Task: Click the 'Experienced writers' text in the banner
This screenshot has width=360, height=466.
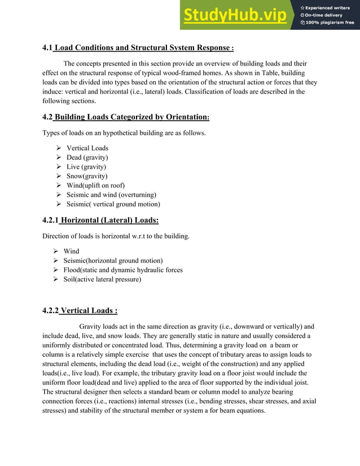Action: [330, 7]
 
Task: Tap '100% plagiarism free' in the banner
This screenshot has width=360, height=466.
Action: [330, 23]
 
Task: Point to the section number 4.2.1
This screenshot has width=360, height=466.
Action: [51, 220]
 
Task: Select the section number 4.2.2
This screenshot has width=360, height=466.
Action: [51, 310]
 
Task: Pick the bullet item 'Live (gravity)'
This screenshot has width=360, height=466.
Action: [85, 167]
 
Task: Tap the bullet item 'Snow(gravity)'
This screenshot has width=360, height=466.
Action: [85, 176]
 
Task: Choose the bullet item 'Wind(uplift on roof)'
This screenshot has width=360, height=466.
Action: [94, 186]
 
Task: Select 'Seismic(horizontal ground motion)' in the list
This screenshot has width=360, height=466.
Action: [113, 261]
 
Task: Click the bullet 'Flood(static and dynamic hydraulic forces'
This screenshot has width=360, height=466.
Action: [123, 270]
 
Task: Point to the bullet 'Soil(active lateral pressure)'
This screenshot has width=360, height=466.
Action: [102, 279]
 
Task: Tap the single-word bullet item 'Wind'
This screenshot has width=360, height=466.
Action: [71, 251]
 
